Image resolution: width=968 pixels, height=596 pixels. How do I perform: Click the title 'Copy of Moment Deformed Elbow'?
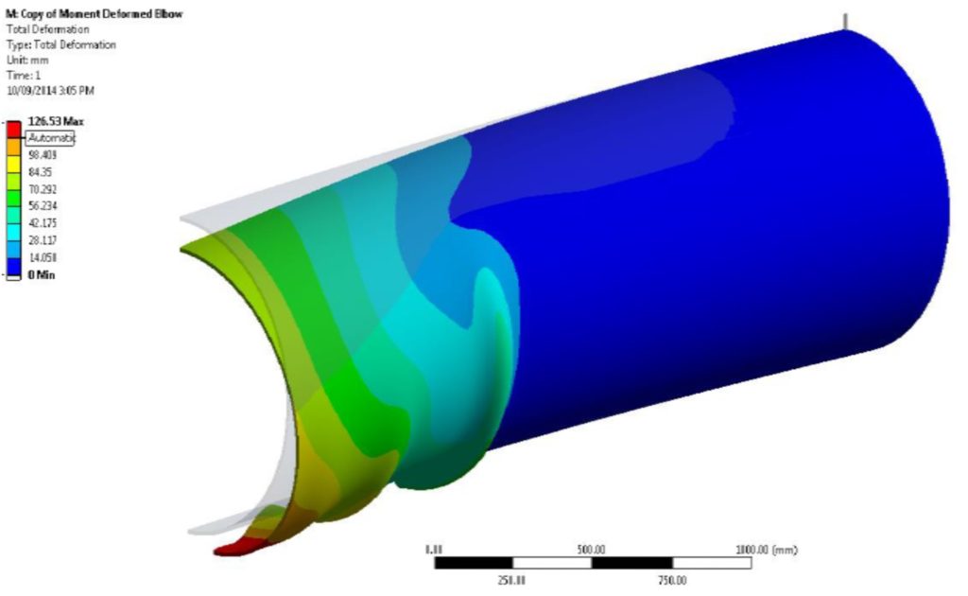pos(95,14)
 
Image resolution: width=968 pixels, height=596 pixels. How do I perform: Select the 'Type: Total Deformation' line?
pos(61,44)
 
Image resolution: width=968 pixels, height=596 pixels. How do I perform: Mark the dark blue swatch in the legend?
pos(14,264)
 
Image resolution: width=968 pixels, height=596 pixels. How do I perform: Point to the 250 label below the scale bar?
pos(511,580)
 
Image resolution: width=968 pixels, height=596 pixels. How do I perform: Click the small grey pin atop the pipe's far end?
pos(845,21)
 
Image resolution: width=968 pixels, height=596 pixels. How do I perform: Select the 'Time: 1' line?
pos(22,75)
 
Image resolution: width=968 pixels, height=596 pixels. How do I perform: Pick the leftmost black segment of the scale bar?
pos(474,563)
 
